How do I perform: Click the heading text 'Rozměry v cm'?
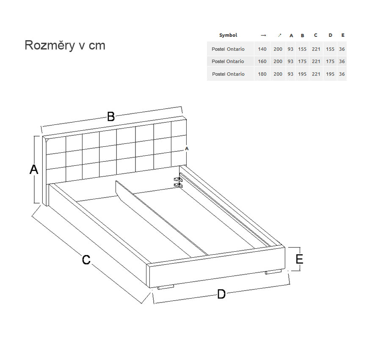coord(65,45)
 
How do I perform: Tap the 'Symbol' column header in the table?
coord(228,35)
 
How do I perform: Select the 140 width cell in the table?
coord(262,49)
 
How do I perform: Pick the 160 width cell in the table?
coord(262,61)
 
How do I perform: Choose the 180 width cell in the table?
coord(262,74)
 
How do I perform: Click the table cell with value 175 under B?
coord(302,61)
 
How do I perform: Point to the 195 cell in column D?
coord(330,74)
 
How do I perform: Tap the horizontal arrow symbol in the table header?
coord(263,36)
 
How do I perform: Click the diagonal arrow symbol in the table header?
coord(280,36)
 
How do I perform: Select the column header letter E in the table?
coord(343,35)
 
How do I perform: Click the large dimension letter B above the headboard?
coord(111,117)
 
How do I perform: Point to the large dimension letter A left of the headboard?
coord(34,169)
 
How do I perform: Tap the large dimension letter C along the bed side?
coord(86,260)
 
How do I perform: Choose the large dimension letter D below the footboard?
coord(221,294)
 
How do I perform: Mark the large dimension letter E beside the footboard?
coord(299,259)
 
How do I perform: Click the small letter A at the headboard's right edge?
coord(187,148)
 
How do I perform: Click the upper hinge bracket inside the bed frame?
coord(178,179)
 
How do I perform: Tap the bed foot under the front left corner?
coord(165,287)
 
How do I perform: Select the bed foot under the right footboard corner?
coord(273,272)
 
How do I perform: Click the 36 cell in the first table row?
coord(342,49)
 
